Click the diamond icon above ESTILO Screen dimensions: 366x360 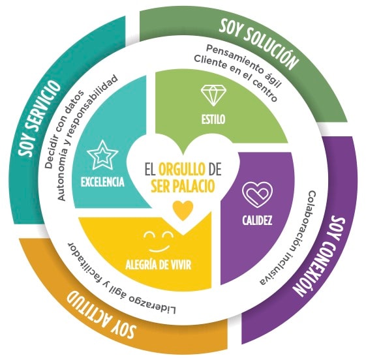pos(213,95)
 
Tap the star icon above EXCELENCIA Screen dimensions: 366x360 pos(102,155)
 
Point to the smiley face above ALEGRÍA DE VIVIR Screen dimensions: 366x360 pos(159,242)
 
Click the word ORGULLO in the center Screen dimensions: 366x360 pos(182,169)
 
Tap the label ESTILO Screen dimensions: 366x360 pos(213,119)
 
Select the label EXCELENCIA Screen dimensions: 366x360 pos(102,182)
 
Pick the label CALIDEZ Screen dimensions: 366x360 pos(257,220)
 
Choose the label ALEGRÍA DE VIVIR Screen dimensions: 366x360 pos(159,265)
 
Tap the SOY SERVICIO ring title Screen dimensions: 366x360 pos(38,118)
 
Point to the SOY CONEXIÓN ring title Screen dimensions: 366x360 pos(320,257)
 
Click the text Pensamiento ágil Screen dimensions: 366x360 pos(244,66)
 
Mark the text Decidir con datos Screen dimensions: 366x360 pos(64,130)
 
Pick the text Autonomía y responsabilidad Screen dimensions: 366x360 pos(87,138)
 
